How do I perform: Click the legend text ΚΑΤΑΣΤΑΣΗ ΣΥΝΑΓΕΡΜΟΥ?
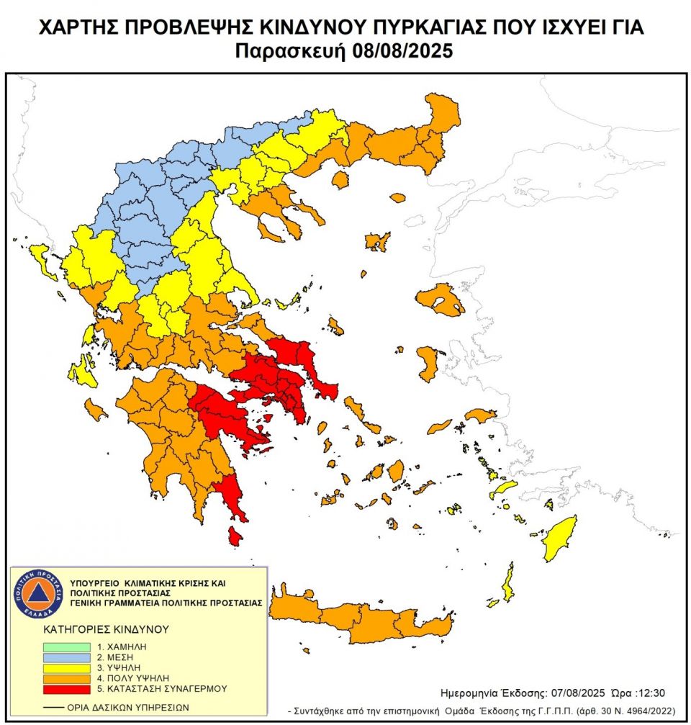pyautogui.click(x=162, y=688)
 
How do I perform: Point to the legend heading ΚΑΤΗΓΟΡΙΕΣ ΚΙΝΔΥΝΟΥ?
pyautogui.click(x=107, y=629)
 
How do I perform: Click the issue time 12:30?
pyautogui.click(x=652, y=693)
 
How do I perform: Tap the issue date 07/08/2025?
pyautogui.click(x=569, y=693)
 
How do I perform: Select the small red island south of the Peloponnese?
pyautogui.click(x=235, y=536)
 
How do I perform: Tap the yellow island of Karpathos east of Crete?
pyautogui.click(x=509, y=582)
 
